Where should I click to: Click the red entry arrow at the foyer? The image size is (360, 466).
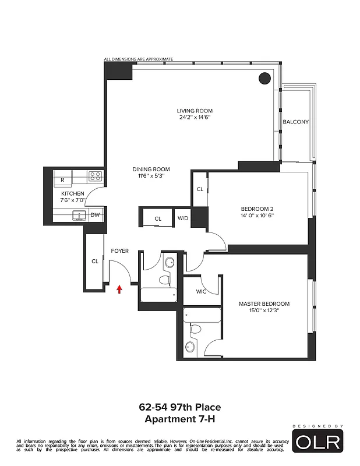(119, 288)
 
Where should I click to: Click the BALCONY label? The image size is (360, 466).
(295, 122)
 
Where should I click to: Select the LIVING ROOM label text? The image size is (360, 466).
(195, 111)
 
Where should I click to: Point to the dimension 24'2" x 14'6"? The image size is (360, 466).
(195, 117)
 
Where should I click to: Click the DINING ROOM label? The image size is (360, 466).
(151, 169)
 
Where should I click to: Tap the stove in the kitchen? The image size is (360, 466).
(96, 175)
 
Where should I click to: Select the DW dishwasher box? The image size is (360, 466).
(95, 215)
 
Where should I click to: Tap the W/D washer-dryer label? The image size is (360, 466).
(183, 219)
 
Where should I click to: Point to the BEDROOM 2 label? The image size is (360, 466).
(257, 209)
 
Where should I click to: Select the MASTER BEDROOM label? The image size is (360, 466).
(264, 304)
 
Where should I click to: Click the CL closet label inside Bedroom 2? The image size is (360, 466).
(200, 189)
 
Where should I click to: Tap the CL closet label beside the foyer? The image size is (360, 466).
(94, 262)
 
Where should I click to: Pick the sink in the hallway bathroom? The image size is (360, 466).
(169, 263)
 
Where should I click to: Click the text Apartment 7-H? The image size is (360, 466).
(179, 418)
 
